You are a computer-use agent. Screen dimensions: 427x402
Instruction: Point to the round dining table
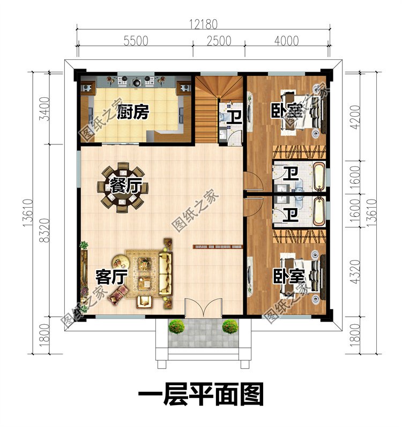click(x=121, y=188)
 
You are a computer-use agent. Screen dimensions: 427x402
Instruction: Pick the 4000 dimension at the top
click(x=285, y=42)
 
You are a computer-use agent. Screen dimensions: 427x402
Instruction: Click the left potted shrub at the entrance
click(x=176, y=326)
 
